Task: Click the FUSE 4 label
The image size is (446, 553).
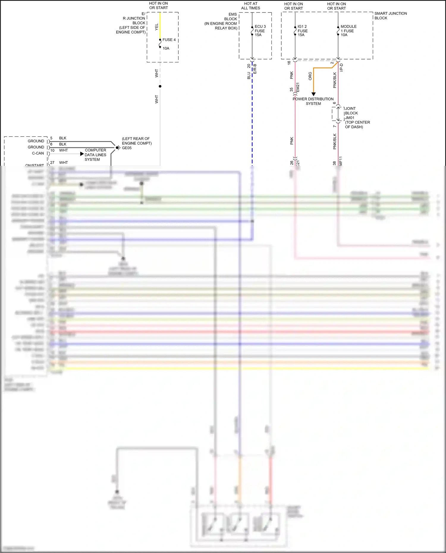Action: (169, 40)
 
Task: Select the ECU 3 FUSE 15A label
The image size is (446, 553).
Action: (260, 31)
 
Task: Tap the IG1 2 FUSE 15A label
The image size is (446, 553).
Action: (302, 31)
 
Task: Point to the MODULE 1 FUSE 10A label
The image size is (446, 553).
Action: (348, 31)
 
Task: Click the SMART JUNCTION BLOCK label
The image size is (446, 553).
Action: (390, 16)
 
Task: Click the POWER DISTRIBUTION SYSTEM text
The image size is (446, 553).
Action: (313, 101)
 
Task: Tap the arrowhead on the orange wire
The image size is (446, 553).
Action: (313, 94)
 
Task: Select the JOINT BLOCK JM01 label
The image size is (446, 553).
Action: (351, 113)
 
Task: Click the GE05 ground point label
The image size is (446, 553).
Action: (127, 148)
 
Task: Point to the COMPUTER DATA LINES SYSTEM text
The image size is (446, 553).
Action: (95, 155)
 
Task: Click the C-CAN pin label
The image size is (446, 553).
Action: (38, 153)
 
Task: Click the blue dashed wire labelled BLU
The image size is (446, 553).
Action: (252, 119)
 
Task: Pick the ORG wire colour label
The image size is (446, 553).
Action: (310, 76)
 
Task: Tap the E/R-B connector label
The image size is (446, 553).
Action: (255, 69)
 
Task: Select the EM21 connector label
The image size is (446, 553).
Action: (298, 87)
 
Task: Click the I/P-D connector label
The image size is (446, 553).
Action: (341, 67)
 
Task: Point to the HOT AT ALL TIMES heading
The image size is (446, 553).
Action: (250, 6)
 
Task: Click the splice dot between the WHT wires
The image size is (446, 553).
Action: (160, 86)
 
